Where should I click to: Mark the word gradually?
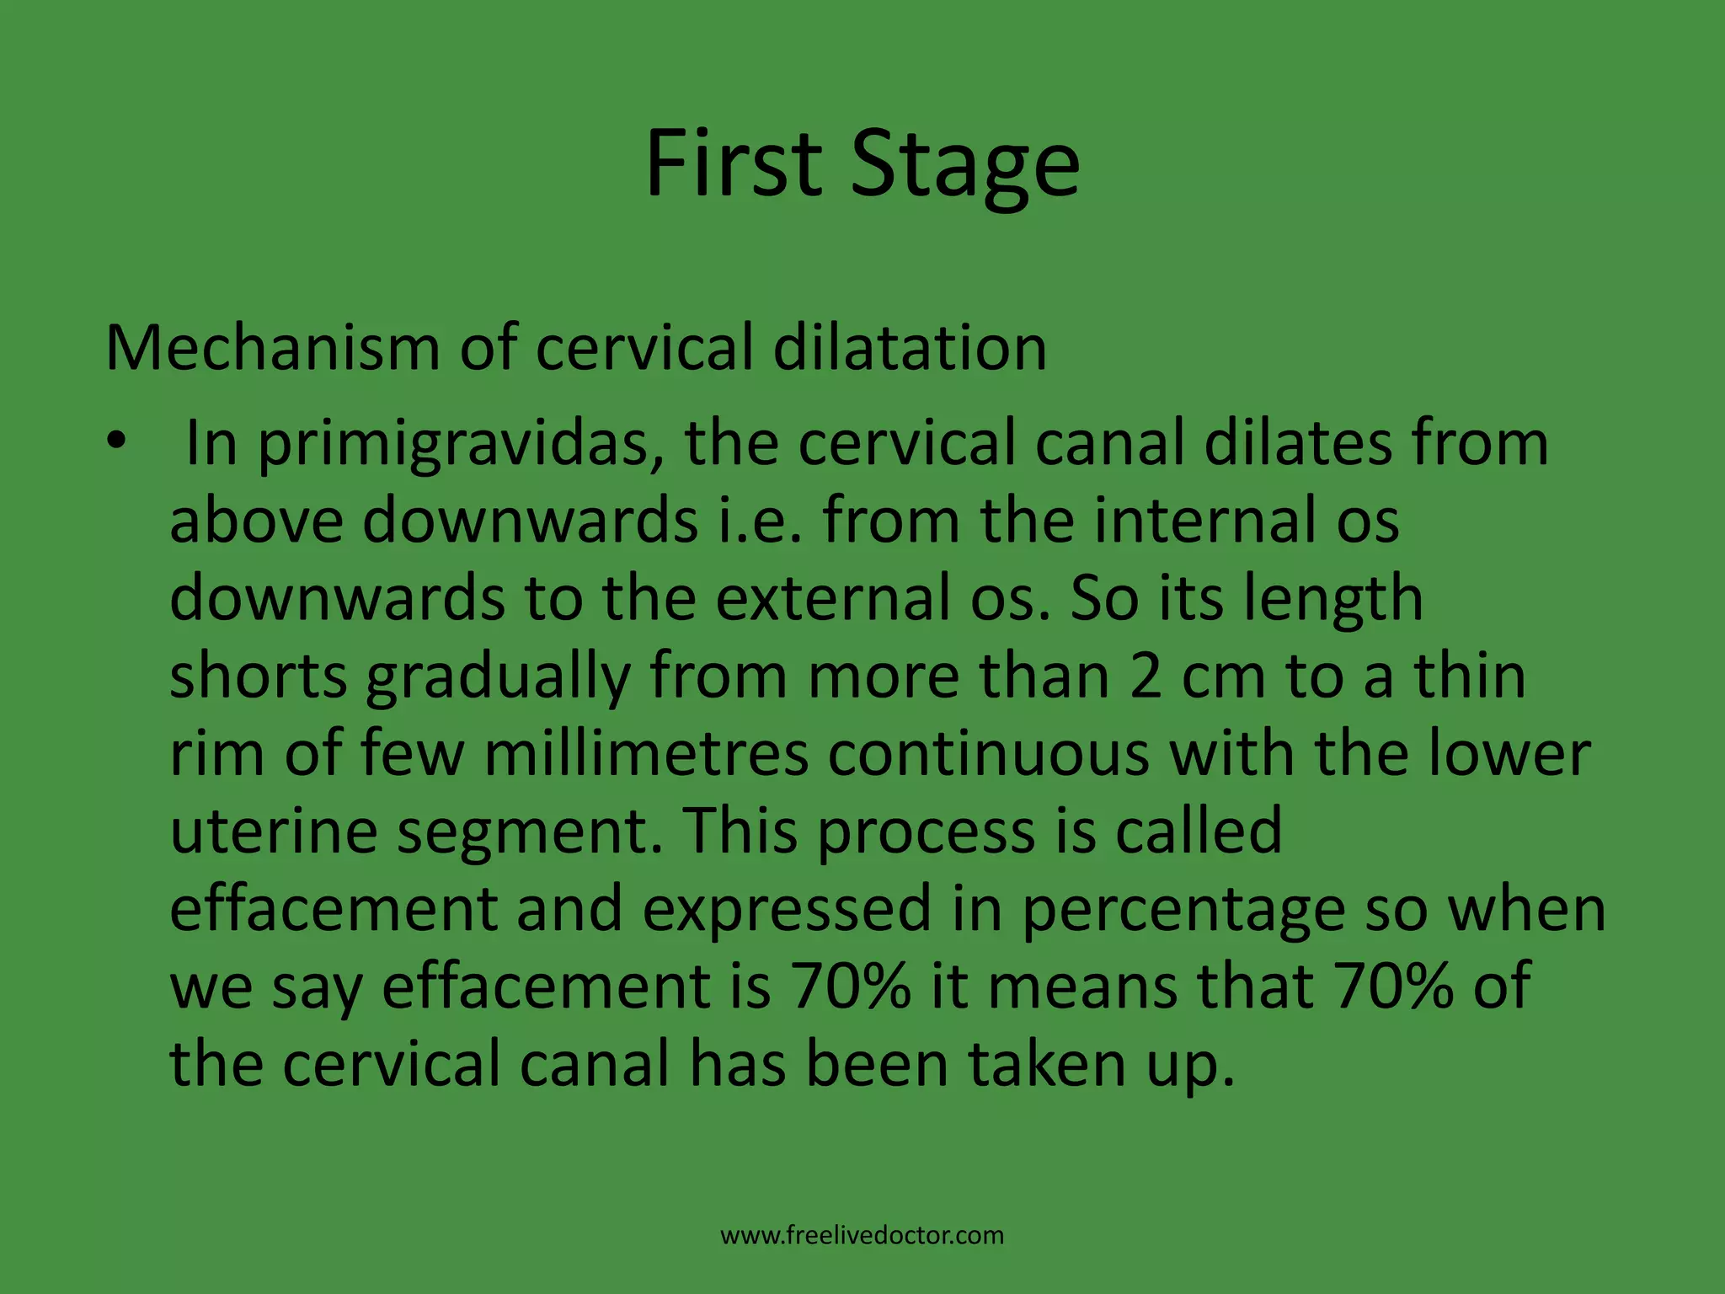[498, 678]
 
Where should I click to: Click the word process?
[926, 833]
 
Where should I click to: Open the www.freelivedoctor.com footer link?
[862, 1236]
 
